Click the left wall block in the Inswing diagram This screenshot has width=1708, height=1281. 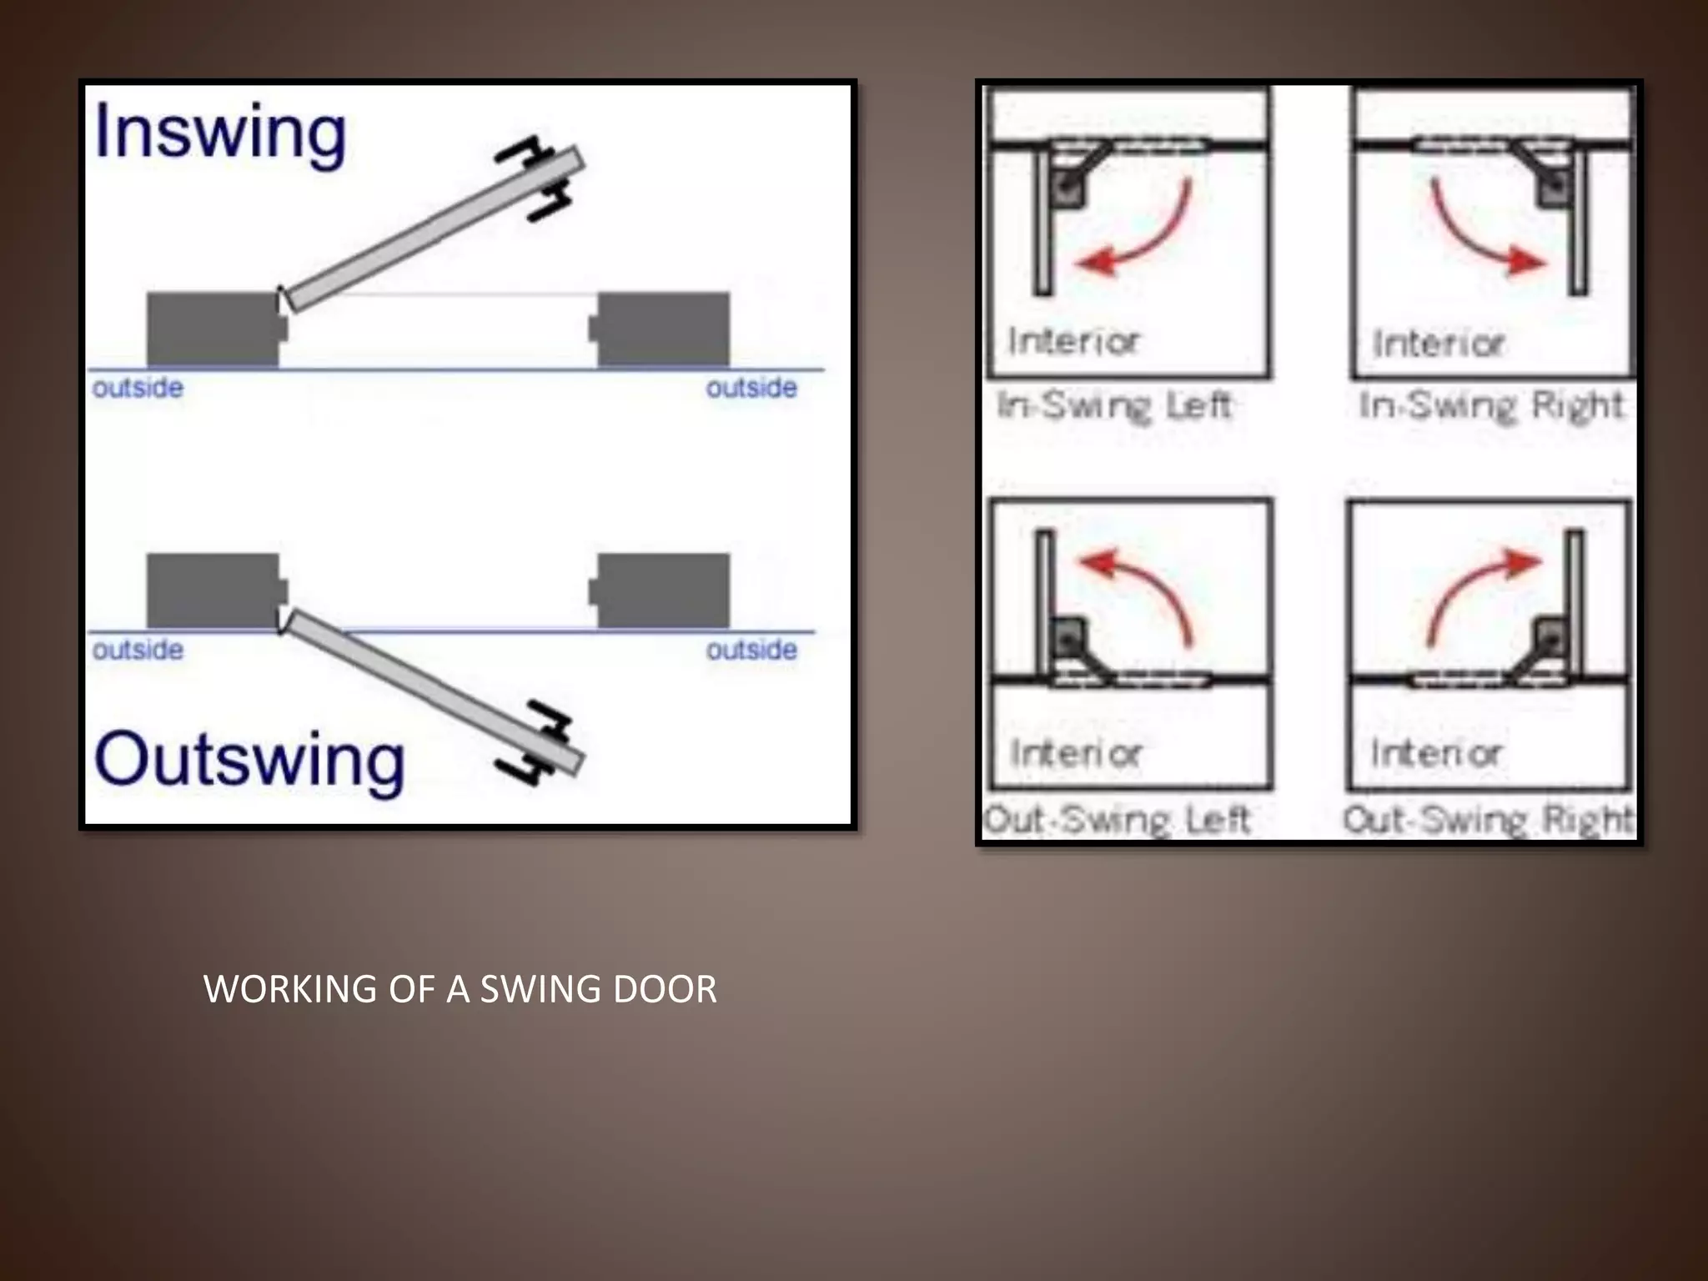[213, 329]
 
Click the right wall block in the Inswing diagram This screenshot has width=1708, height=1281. [663, 329]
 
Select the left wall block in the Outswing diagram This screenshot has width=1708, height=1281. [213, 590]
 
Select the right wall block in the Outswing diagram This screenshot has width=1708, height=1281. [663, 590]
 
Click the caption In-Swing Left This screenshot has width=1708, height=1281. [1114, 406]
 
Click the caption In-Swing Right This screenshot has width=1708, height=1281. [1491, 406]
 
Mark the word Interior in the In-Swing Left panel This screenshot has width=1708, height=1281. [1073, 341]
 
